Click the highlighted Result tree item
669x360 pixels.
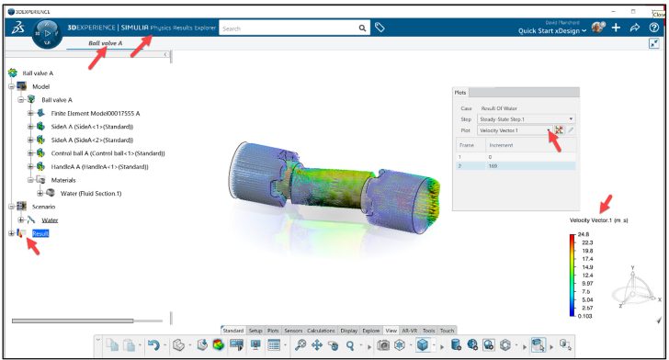(40, 234)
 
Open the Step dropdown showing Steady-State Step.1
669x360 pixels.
(526, 118)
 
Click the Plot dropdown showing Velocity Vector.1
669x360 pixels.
(515, 130)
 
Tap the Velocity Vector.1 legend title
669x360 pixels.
(600, 220)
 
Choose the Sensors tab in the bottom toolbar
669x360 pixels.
(293, 330)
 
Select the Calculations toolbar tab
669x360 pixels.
(321, 330)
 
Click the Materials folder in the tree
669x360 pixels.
(64, 180)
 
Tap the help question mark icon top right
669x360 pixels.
(653, 28)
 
